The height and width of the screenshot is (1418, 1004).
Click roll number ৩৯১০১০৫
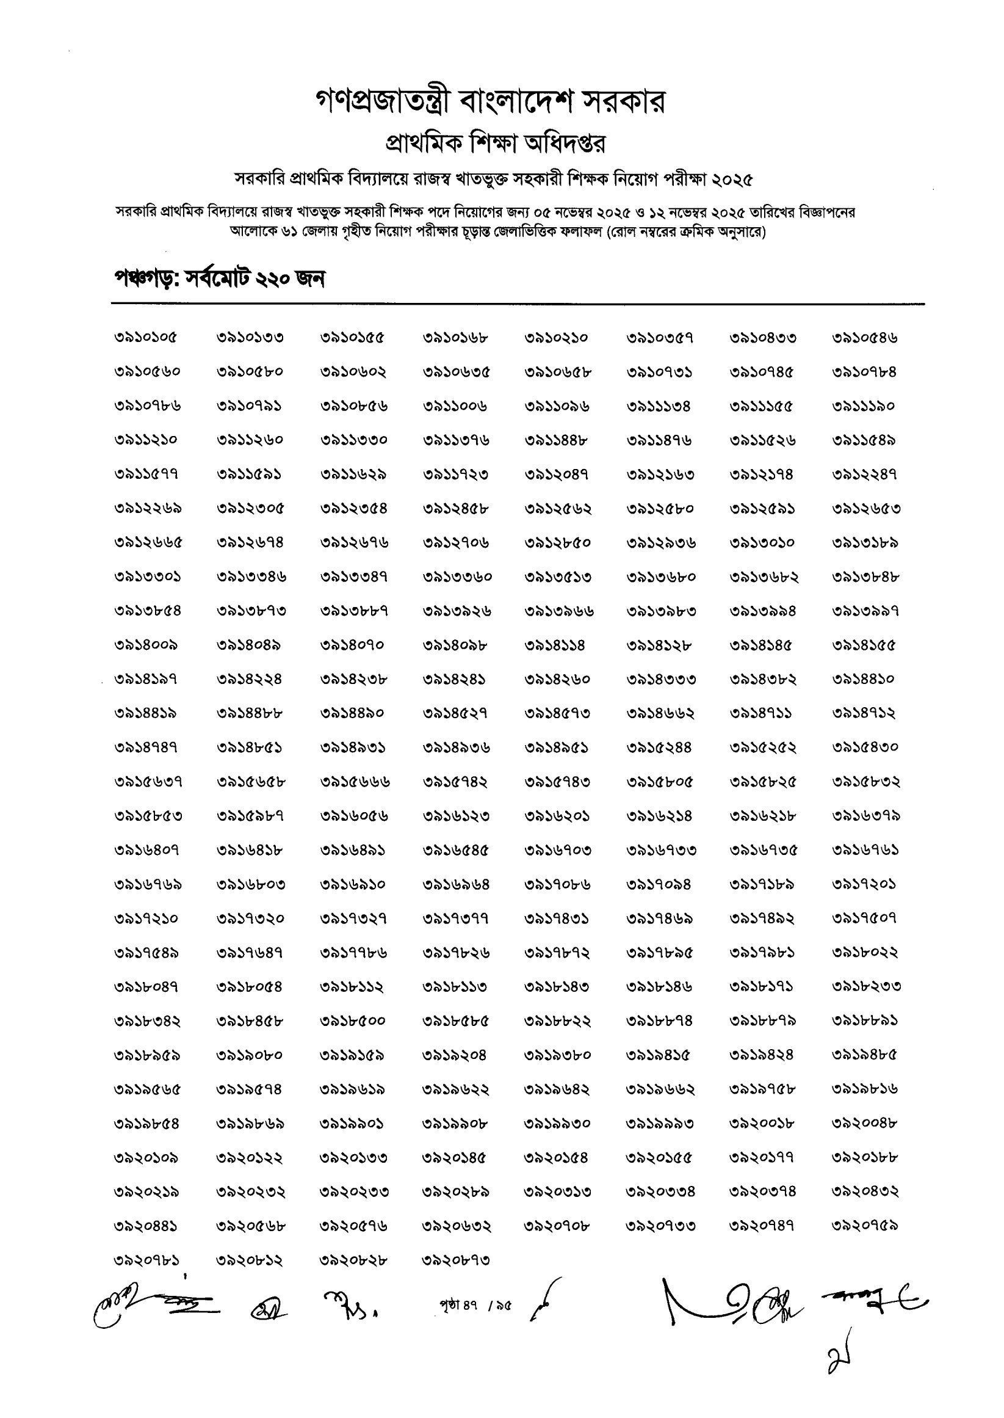click(x=146, y=338)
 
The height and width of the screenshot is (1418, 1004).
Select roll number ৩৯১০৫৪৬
click(x=864, y=338)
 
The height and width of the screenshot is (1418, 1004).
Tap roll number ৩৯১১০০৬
click(x=455, y=406)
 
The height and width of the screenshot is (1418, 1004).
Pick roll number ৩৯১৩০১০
click(x=762, y=543)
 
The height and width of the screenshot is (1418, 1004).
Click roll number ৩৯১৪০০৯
click(x=146, y=645)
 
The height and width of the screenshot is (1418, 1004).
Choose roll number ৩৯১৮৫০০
click(x=352, y=1021)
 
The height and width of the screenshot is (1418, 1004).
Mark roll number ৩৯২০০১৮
click(x=762, y=1123)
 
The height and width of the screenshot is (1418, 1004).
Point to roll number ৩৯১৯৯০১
click(x=352, y=1123)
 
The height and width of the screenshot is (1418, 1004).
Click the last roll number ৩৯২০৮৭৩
click(x=456, y=1260)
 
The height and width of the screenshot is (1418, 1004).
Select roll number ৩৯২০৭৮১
click(x=146, y=1260)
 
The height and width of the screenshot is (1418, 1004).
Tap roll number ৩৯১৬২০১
click(x=557, y=816)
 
